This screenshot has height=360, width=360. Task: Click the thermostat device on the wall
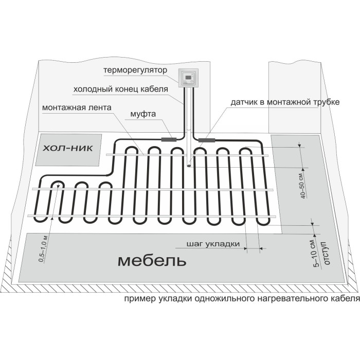tap(188, 78)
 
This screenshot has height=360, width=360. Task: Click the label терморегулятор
tap(135, 70)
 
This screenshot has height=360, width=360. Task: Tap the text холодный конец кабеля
tap(121, 89)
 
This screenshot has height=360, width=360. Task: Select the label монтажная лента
tap(77, 107)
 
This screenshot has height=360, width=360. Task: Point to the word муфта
tap(143, 114)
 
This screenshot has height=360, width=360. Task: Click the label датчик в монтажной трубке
tap(285, 102)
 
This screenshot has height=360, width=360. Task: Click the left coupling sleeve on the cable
tap(169, 139)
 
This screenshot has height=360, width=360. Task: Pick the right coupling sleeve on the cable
tap(207, 140)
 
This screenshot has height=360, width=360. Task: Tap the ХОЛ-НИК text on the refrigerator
tap(68, 148)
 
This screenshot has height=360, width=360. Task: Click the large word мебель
tap(152, 261)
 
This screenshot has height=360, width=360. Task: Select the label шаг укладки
tap(213, 244)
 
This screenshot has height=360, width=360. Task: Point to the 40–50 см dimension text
tap(302, 185)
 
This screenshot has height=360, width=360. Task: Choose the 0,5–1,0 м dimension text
tap(43, 248)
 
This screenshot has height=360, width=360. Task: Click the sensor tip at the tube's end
tap(189, 165)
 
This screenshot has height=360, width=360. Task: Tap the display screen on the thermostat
tap(188, 76)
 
